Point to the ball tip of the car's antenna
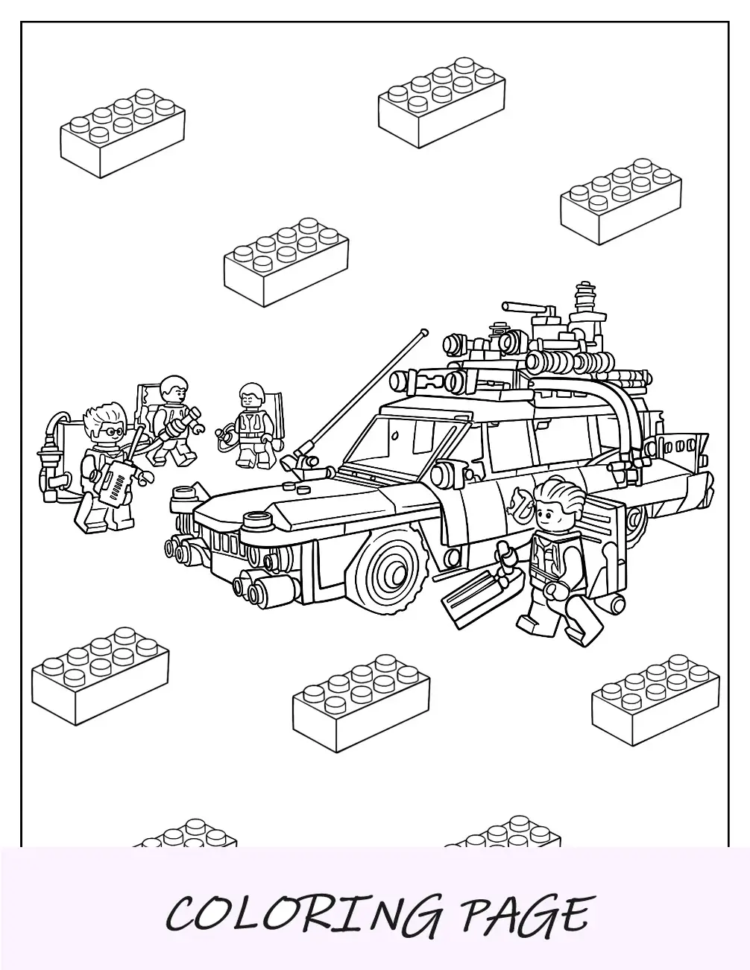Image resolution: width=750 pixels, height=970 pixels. pos(424,332)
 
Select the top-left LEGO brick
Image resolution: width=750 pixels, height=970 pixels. pos(122,133)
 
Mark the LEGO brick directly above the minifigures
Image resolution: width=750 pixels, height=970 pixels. pos(286,261)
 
